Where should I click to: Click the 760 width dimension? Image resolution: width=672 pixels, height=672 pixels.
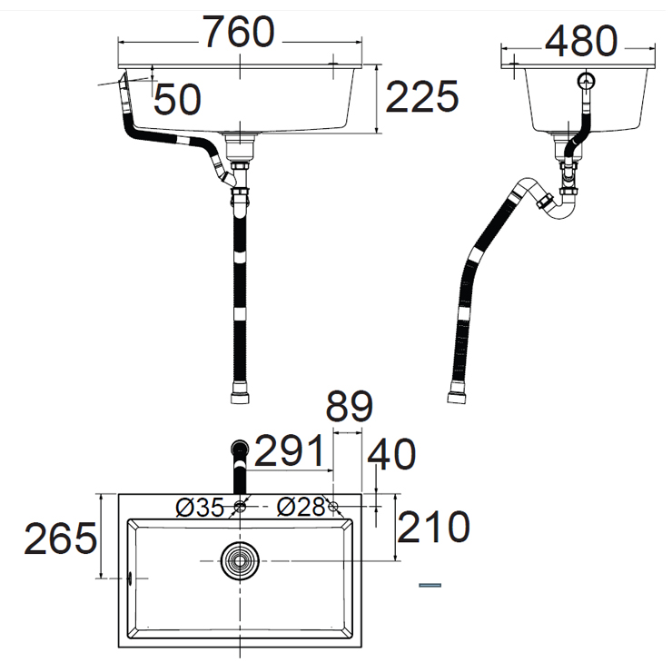coord(238,32)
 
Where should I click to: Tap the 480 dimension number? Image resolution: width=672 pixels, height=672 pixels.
coord(581,41)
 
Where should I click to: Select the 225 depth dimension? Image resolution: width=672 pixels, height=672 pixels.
coord(422,96)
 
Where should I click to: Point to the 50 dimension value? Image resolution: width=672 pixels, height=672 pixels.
coord(177,99)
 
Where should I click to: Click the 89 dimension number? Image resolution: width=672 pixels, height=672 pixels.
coord(350,406)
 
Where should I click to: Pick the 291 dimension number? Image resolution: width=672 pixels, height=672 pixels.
coord(290,450)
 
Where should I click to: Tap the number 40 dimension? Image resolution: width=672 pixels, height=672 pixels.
coord(391,454)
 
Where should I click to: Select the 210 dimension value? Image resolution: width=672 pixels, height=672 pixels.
coord(433,527)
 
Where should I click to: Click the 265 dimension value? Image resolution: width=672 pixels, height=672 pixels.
coord(61,539)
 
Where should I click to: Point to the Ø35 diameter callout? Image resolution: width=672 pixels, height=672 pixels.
coord(200,508)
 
